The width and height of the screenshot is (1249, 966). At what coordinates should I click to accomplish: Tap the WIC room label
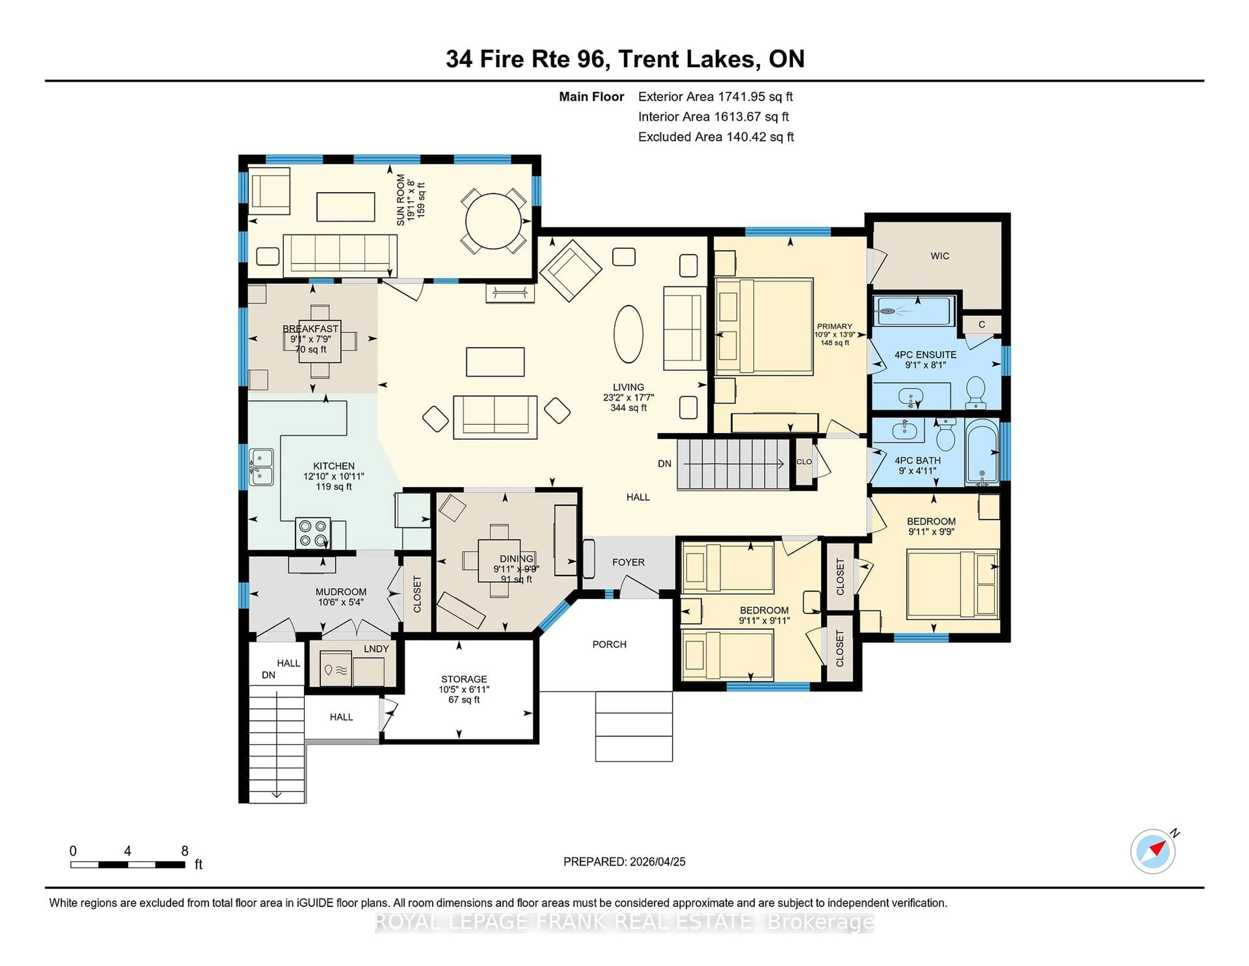(940, 256)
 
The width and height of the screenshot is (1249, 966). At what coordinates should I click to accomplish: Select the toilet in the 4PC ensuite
(976, 392)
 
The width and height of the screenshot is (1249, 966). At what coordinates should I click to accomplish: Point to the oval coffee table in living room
(628, 334)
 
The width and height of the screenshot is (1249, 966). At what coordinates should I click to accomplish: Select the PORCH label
(609, 644)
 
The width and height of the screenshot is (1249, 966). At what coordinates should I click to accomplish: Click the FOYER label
(628, 562)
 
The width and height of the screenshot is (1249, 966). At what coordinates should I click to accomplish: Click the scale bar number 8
(185, 851)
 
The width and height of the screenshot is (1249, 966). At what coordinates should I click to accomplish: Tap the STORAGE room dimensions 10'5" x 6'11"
(464, 690)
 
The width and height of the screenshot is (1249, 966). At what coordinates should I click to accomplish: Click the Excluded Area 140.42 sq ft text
(716, 137)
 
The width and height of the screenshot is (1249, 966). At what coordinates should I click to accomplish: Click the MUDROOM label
(341, 592)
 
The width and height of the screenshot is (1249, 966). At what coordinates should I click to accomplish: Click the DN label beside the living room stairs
(664, 463)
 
